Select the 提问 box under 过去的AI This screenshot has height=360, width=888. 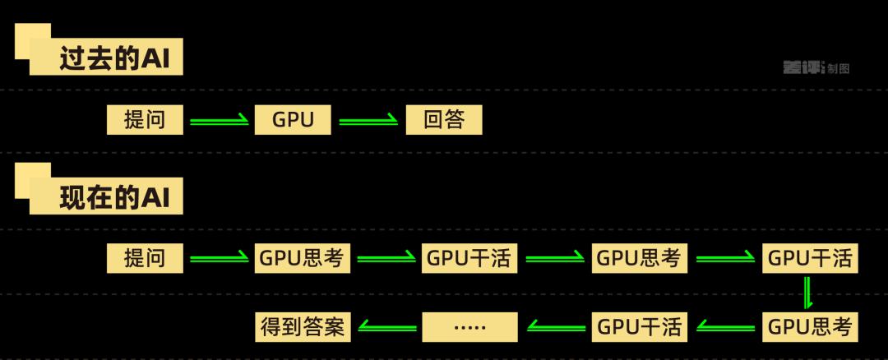(144, 121)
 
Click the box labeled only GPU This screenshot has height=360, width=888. (294, 121)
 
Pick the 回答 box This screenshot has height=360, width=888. (444, 121)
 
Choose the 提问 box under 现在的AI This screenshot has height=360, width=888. (144, 259)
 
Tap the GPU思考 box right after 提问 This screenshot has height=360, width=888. (303, 259)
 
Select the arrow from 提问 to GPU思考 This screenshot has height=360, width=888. (219, 260)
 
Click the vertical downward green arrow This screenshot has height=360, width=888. (808, 293)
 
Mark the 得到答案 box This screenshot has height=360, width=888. (303, 326)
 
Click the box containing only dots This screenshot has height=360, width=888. (470, 326)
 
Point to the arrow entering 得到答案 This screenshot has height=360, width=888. (386, 327)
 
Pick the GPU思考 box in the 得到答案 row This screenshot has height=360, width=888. (810, 326)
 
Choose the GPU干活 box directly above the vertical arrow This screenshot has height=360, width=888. (810, 259)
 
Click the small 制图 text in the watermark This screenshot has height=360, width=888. (839, 69)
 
